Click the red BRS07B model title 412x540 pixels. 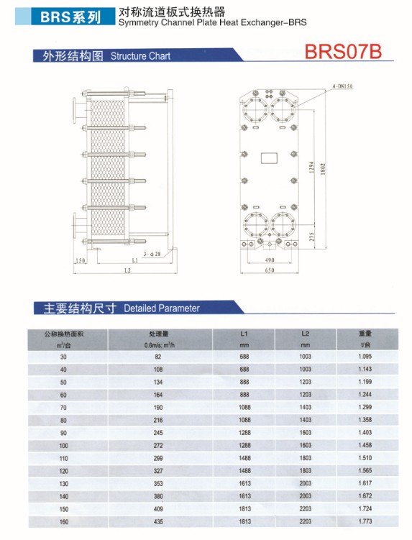pyautogui.click(x=343, y=51)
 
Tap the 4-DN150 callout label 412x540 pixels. pyautogui.click(x=342, y=86)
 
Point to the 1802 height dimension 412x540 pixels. pyautogui.click(x=323, y=169)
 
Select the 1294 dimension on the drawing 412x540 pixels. pyautogui.click(x=311, y=167)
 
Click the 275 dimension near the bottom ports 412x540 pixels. pyautogui.click(x=311, y=237)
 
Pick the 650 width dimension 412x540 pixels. pyautogui.click(x=270, y=270)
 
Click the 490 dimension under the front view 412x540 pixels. pyautogui.click(x=270, y=260)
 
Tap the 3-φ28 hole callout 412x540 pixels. pyautogui.click(x=152, y=254)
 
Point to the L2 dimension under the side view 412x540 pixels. pyautogui.click(x=127, y=270)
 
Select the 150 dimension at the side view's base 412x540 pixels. pyautogui.click(x=80, y=260)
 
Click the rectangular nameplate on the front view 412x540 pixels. pyautogui.click(x=269, y=158)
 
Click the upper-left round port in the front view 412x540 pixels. pyautogui.click(x=255, y=110)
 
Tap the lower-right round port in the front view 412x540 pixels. pyautogui.click(x=283, y=224)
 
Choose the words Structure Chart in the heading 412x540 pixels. pyautogui.click(x=140, y=56)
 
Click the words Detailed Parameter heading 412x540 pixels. pyautogui.click(x=162, y=308)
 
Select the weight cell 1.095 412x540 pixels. pyautogui.click(x=365, y=357)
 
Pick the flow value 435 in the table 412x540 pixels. pyautogui.click(x=158, y=522)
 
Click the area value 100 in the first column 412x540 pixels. pyautogui.click(x=64, y=446)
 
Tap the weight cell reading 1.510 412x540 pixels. pyautogui.click(x=365, y=458)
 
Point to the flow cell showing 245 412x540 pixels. pyautogui.click(x=158, y=433)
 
